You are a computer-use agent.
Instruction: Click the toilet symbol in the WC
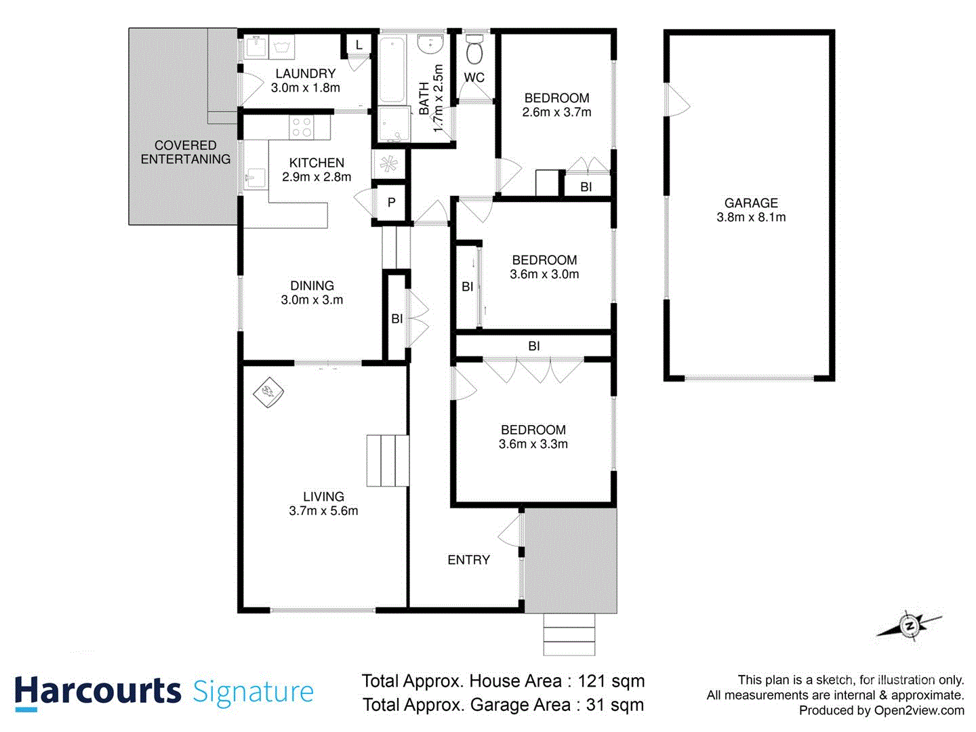click(474, 51)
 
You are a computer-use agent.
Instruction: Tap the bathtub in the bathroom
click(392, 68)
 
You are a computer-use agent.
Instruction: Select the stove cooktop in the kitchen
click(302, 127)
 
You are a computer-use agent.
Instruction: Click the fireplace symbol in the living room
click(268, 392)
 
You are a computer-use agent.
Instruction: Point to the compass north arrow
click(908, 626)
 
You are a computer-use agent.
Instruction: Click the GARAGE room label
click(751, 203)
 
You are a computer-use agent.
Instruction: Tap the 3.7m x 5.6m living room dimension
click(323, 511)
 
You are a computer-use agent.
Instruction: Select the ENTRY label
click(468, 560)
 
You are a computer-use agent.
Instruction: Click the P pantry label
click(391, 202)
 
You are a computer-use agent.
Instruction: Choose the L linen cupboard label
click(359, 45)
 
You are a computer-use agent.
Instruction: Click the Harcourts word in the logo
click(98, 692)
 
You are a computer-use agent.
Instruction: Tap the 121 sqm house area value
click(611, 681)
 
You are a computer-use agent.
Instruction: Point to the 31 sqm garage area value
click(615, 705)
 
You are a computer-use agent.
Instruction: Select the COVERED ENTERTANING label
click(185, 152)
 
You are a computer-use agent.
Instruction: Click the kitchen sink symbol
click(256, 178)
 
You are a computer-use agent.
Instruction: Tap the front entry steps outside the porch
click(569, 634)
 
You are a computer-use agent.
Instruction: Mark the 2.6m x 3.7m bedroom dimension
click(556, 113)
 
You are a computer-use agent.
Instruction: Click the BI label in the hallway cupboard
click(396, 319)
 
